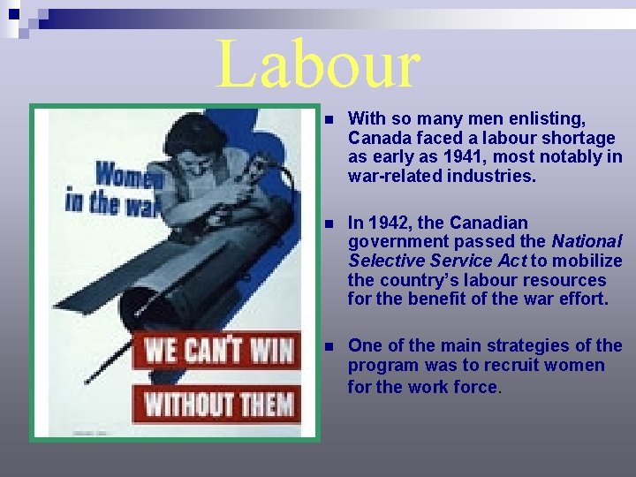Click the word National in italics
[x=587, y=241]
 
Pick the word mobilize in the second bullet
[x=588, y=261]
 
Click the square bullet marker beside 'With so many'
[x=328, y=119]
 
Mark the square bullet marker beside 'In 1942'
[x=328, y=223]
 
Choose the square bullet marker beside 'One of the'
[x=328, y=346]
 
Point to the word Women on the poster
[x=131, y=176]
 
